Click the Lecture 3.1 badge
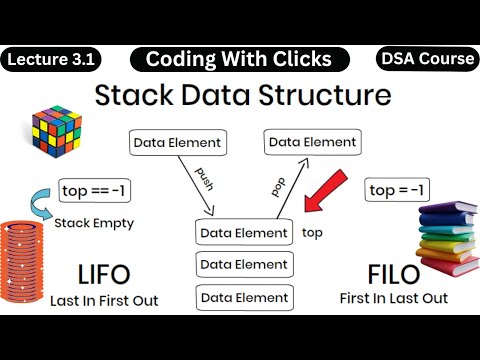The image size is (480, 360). [x=51, y=59]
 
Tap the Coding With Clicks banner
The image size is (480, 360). [x=238, y=59]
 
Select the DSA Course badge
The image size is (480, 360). [x=427, y=59]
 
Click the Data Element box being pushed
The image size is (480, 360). [x=174, y=143]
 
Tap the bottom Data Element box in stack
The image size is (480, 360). [x=244, y=297]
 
